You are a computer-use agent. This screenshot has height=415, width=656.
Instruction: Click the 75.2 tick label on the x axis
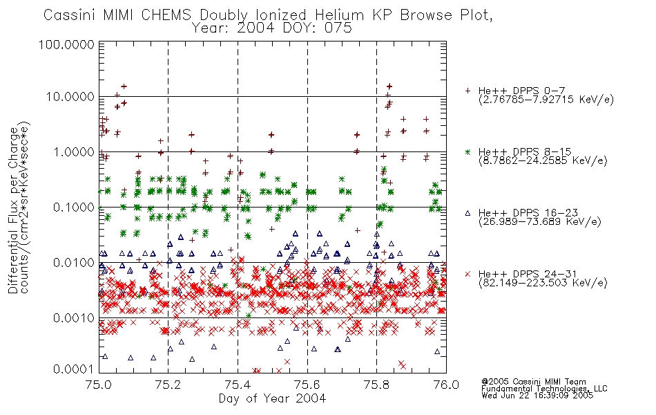pos(168,385)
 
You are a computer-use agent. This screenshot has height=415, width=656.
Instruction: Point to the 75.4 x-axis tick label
pos(238,385)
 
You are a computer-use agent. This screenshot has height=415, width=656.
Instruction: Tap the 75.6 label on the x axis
pos(307,385)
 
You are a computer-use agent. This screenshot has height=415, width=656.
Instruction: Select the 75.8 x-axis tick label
pos(376,385)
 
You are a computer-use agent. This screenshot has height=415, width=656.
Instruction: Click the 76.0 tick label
pos(446,385)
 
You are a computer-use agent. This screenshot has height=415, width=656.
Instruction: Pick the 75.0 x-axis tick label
pos(98,385)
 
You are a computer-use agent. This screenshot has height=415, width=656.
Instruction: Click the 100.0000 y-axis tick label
pos(66,44)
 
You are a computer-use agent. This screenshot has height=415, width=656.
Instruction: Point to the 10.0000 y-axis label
pos(70,97)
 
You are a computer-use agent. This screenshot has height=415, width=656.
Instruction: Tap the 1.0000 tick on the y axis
pos(74,151)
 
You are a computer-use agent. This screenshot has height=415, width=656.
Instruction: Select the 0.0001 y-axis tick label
pos(74,369)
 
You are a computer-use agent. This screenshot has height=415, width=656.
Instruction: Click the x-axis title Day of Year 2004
pos(272,398)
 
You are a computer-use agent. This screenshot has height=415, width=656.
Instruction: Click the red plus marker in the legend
pos(467,91)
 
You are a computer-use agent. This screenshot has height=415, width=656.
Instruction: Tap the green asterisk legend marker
pos(467,151)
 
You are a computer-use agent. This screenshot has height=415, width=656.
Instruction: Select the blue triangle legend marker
pos(467,213)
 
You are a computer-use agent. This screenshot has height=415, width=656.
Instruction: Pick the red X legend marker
pos(467,274)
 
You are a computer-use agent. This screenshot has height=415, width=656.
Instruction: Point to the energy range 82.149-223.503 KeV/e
pos(543,283)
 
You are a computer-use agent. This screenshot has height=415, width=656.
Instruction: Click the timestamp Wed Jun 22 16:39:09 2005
pos(537,396)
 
